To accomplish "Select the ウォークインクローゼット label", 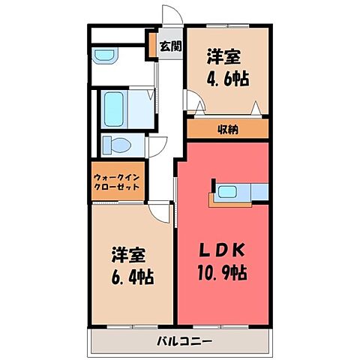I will click(118, 183).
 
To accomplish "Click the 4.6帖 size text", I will click(227, 78).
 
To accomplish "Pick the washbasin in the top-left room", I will click(104, 55).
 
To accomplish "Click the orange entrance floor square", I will click(163, 46).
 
